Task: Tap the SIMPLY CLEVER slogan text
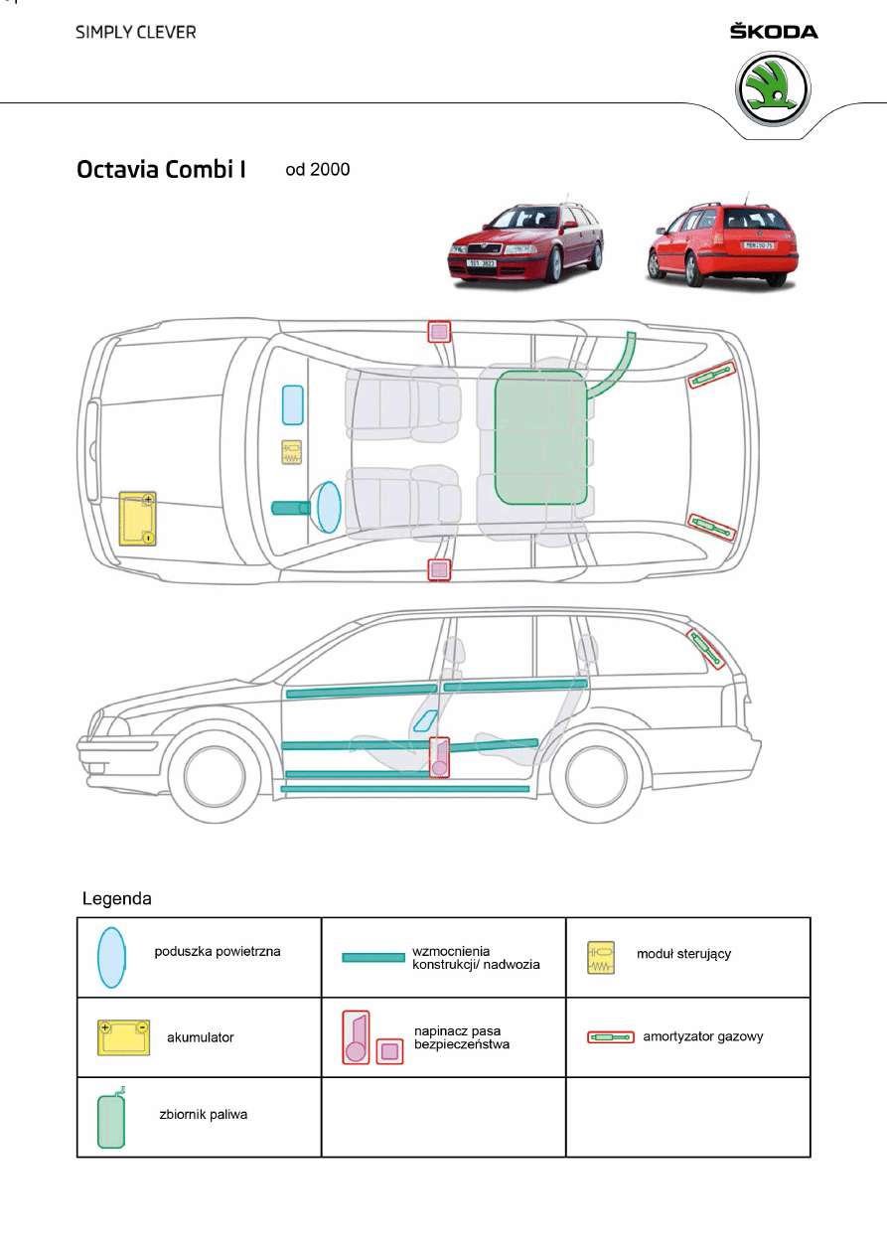click(x=136, y=32)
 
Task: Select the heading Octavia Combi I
click(x=161, y=169)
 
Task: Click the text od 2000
click(x=318, y=169)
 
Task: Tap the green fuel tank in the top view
click(x=540, y=436)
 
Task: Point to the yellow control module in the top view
click(x=292, y=453)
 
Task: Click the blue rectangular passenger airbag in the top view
click(x=292, y=404)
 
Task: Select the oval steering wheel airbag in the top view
click(x=329, y=506)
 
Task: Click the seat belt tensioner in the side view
click(x=439, y=757)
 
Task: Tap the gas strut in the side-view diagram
click(x=707, y=648)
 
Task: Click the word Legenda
click(x=116, y=899)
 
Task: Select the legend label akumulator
click(x=201, y=1037)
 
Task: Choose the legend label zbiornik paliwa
click(x=204, y=1114)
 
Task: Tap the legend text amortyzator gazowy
click(x=703, y=1036)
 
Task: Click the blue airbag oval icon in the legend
click(x=111, y=956)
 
